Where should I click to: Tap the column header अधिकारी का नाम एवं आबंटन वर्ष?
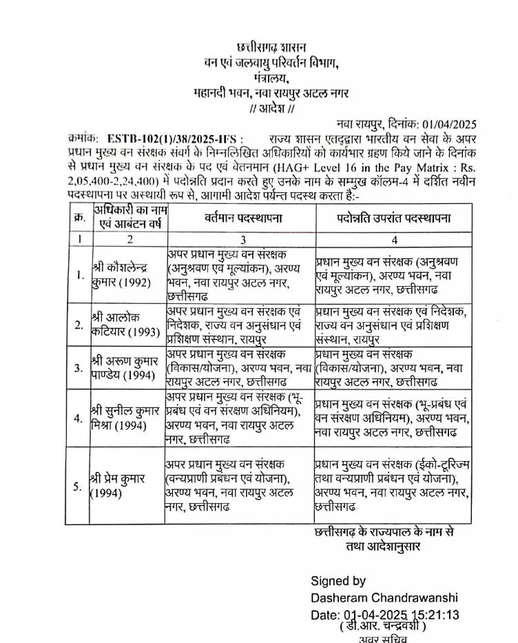point(125,218)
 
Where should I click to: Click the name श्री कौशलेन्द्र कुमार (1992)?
point(124,275)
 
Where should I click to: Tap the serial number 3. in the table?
point(79,368)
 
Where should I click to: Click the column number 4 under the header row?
point(394,241)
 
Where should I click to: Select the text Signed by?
point(338,581)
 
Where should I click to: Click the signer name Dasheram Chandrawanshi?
point(384,598)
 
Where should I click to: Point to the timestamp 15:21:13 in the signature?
point(435,614)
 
